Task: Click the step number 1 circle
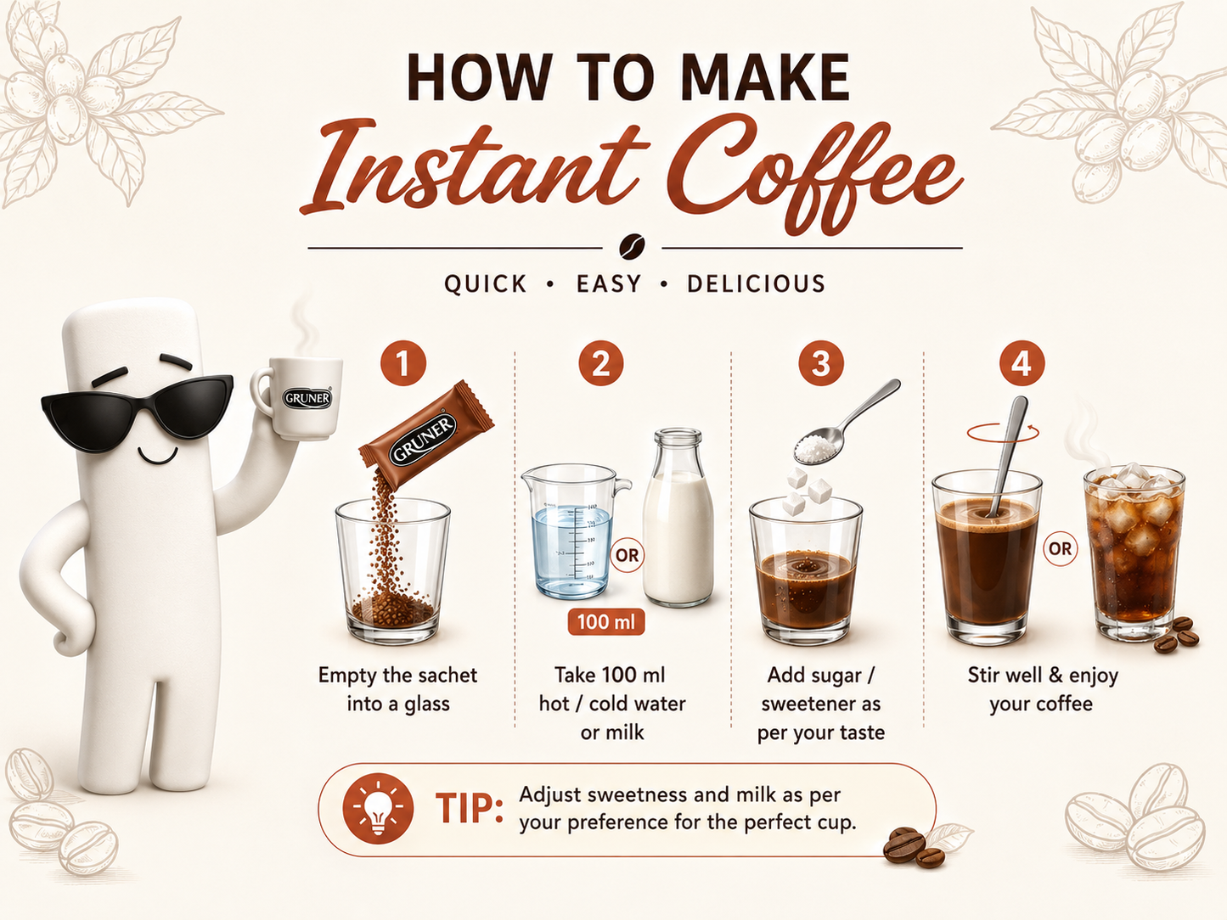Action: click(x=402, y=363)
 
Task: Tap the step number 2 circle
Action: click(x=601, y=363)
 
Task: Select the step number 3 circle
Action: click(x=820, y=363)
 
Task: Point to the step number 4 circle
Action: click(x=1022, y=363)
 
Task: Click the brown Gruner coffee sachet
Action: click(x=426, y=434)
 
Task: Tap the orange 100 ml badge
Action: click(x=606, y=622)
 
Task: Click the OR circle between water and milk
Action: click(x=627, y=555)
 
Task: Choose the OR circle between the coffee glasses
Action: click(x=1060, y=548)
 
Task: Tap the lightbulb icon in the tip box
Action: click(x=378, y=808)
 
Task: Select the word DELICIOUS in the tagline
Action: click(x=756, y=283)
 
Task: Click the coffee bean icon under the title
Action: click(x=632, y=246)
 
